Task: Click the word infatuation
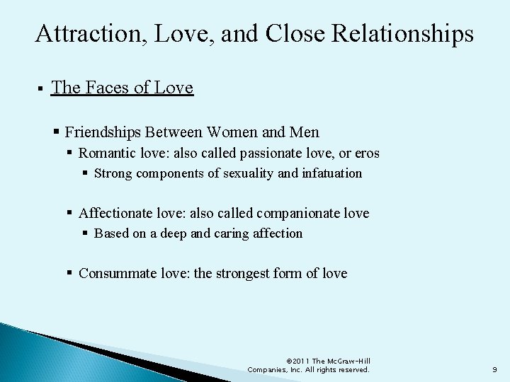coord(332,173)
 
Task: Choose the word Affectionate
coord(117,213)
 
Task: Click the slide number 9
coord(495,369)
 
